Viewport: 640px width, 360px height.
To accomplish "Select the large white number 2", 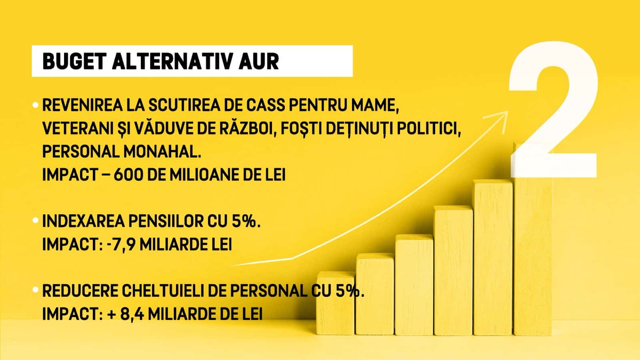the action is (553, 110).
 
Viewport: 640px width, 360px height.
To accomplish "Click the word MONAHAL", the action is (162, 152).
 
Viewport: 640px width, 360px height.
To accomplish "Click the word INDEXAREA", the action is (84, 221).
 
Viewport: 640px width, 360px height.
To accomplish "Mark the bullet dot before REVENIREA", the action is (36, 105).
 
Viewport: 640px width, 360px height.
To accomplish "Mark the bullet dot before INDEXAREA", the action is (36, 220).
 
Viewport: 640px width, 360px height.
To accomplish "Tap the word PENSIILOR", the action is (166, 221).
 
